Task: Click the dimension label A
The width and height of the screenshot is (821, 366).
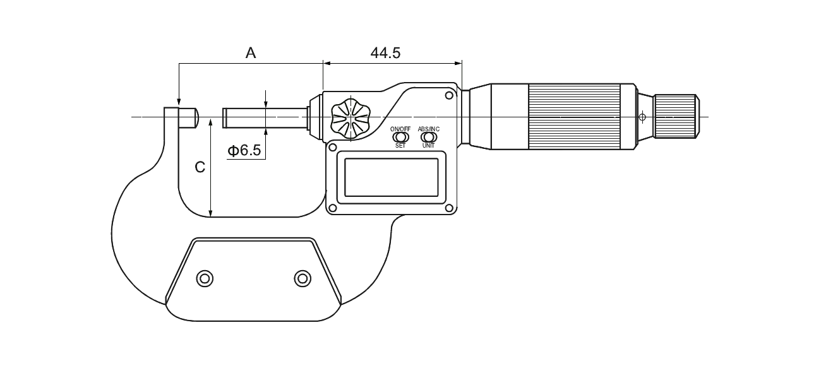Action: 251,53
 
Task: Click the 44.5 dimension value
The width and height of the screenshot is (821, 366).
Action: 386,53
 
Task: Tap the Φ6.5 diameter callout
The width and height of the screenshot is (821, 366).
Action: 244,150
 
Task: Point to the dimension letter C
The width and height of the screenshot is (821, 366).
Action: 200,167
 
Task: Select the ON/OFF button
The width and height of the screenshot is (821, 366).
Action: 400,138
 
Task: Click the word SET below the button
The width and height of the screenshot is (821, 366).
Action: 400,146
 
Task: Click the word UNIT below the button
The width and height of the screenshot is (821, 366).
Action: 428,146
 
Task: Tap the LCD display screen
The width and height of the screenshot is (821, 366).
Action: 392,177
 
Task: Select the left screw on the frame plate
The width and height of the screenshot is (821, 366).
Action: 205,279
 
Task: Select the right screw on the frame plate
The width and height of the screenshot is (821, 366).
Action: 303,279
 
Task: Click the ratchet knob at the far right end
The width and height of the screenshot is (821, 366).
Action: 676,117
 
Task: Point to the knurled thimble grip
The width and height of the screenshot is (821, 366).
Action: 574,117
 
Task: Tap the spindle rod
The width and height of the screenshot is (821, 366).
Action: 265,118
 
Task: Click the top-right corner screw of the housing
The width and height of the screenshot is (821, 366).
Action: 449,96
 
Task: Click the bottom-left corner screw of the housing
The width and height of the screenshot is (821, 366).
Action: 333,208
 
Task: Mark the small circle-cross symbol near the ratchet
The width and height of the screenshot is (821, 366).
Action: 642,117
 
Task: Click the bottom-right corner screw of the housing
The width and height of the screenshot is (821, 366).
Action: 449,208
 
